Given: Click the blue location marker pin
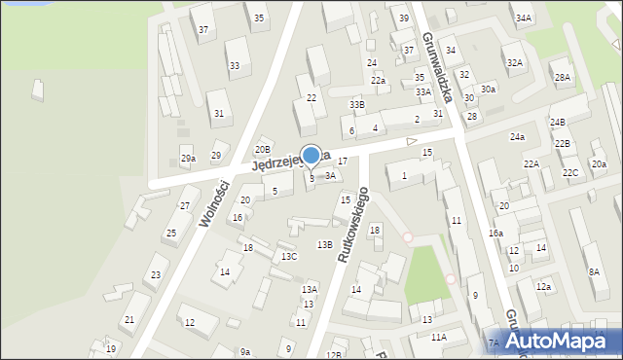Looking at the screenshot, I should (311, 156).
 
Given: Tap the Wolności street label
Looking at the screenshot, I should (214, 203).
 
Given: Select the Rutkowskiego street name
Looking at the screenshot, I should (351, 226).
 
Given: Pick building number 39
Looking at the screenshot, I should (403, 18).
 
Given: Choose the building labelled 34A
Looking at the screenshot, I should (524, 18).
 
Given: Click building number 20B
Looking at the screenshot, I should (262, 149).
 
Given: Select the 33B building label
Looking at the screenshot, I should (357, 104).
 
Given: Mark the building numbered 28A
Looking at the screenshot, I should (562, 77).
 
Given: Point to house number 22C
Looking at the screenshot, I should (570, 173).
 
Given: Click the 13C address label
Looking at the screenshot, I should (289, 257).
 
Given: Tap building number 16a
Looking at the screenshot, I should (495, 234).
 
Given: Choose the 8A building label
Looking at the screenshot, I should (594, 272).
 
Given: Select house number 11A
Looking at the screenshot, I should (438, 337).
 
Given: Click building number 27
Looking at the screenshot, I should (184, 205).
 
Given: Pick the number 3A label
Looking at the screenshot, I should (330, 176).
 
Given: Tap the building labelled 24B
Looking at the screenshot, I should (557, 123).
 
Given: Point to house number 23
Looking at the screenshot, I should (156, 275).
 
